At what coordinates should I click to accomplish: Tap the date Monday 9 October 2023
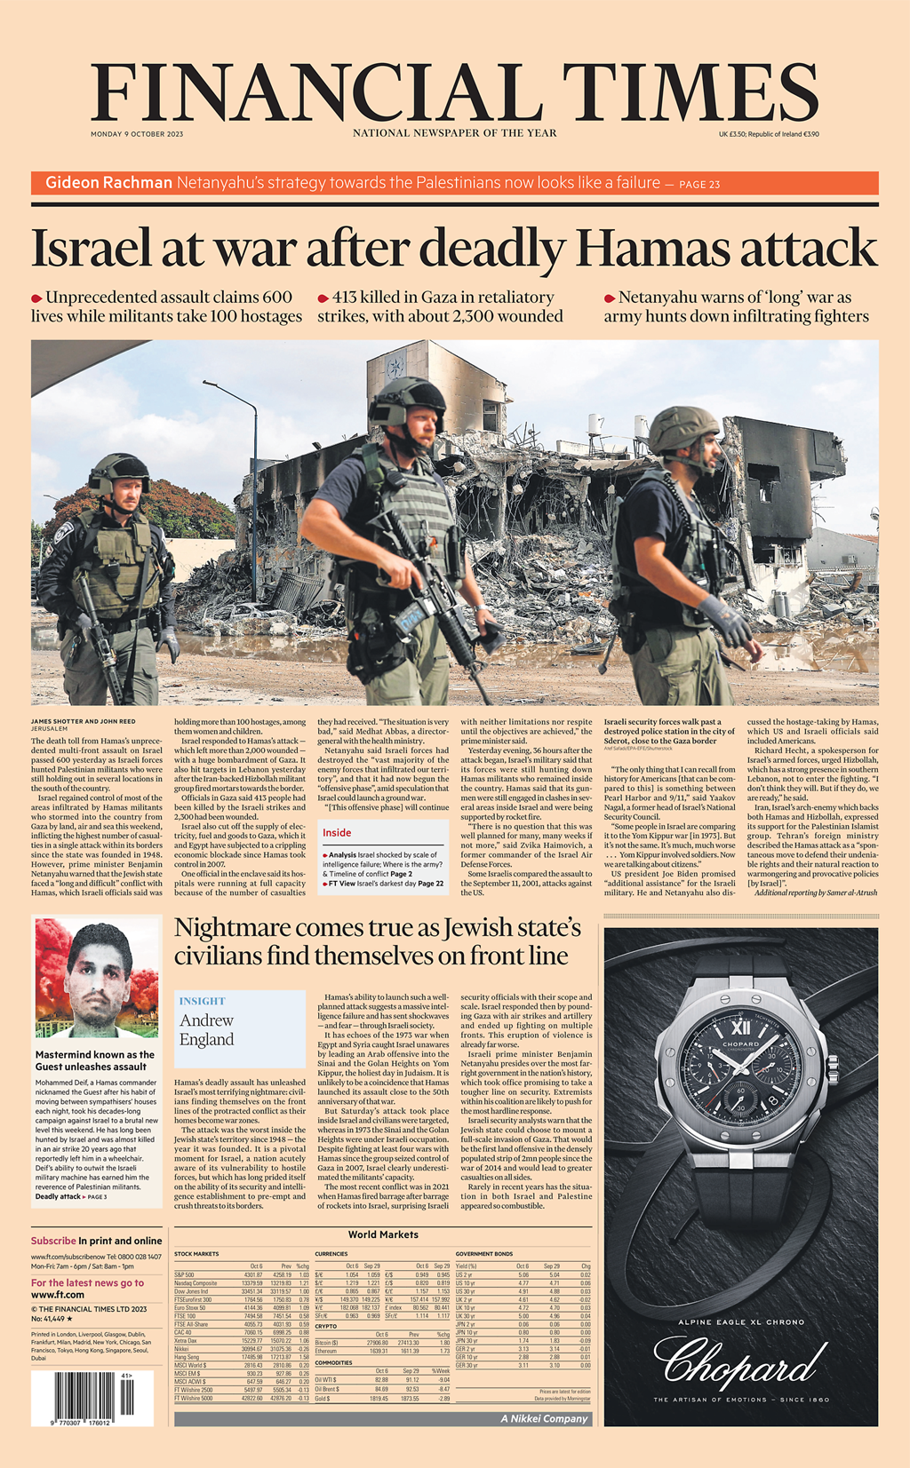[x=137, y=134]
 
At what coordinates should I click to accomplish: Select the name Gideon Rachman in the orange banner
[x=108, y=183]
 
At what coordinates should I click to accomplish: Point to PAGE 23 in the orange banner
[x=699, y=185]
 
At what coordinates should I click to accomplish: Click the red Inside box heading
[x=337, y=833]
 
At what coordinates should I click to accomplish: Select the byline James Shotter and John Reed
[x=84, y=721]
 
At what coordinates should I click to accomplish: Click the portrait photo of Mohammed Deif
[x=96, y=978]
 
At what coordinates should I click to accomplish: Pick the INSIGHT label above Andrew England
[x=202, y=1001]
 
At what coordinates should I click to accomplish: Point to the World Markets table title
[x=383, y=1234]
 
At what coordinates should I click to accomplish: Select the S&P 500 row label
[x=184, y=1275]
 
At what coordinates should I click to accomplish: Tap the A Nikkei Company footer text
[x=544, y=1418]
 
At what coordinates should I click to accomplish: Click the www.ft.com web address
[x=58, y=1295]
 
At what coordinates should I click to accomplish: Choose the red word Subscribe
[x=53, y=1241]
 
